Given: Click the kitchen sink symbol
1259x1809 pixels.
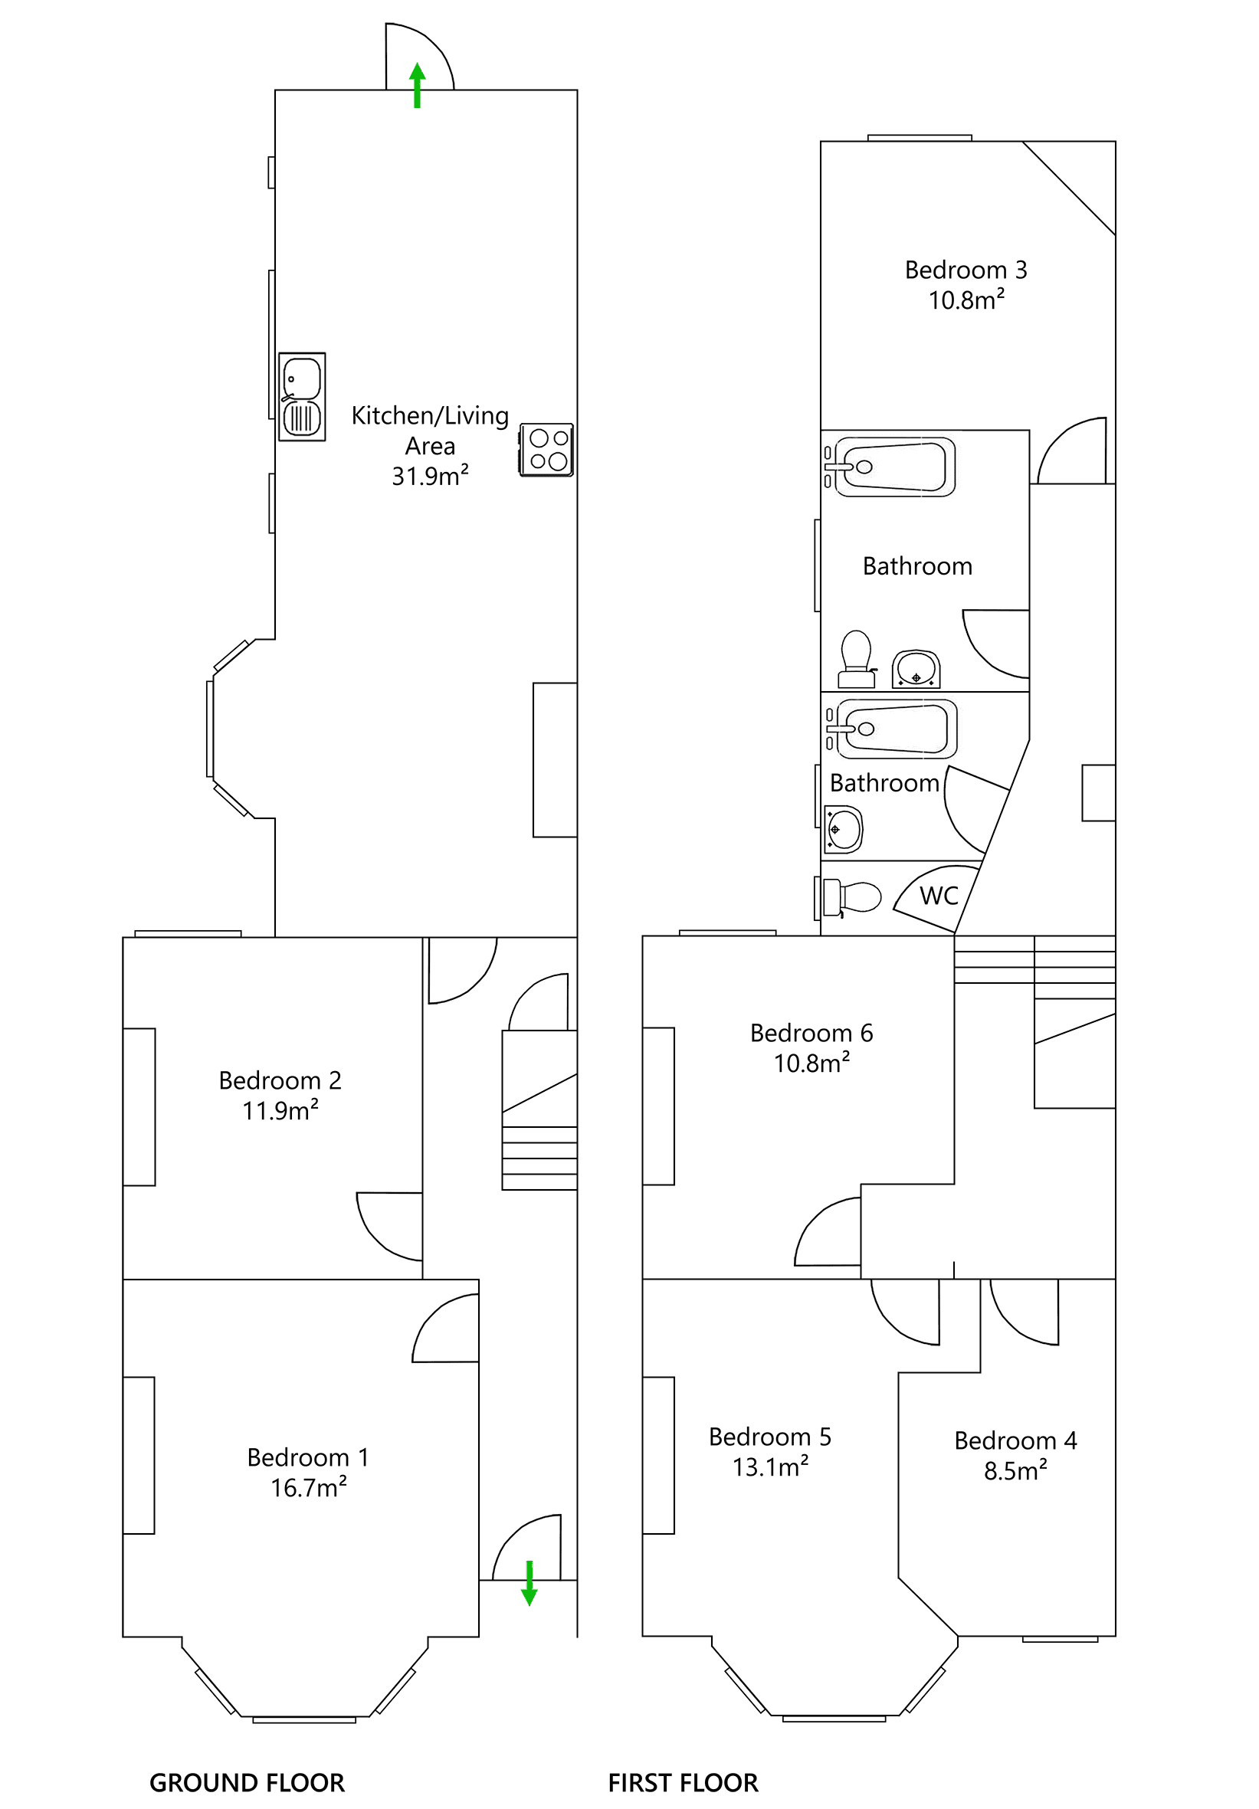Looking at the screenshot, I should (302, 397).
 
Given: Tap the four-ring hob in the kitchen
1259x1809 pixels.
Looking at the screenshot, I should (547, 450).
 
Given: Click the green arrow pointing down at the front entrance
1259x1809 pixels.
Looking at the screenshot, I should (530, 1583).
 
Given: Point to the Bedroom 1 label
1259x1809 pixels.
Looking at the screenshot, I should (308, 1457).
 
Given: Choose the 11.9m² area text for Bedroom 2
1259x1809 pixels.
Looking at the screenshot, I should (280, 1110).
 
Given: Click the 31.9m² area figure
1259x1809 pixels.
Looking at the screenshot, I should (430, 476).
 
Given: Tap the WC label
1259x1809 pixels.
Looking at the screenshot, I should (939, 896).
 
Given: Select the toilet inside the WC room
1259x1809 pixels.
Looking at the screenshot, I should (851, 897).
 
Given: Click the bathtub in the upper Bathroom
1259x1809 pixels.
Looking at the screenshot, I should (895, 467).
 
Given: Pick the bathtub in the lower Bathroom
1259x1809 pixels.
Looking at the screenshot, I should (897, 729).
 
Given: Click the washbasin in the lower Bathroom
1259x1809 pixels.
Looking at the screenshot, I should (844, 830).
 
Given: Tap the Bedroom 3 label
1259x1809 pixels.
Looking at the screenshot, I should (966, 270).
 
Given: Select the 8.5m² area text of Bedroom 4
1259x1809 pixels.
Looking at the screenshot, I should (1015, 1470).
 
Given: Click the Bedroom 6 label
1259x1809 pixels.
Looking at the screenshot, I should (811, 1033).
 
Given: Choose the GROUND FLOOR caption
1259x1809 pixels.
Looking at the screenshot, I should (248, 1783).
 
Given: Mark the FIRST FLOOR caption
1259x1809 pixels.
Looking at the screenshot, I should (683, 1783).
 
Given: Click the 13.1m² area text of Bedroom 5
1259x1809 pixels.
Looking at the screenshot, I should (771, 1467).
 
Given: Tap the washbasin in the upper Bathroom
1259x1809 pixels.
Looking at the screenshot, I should (916, 670).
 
